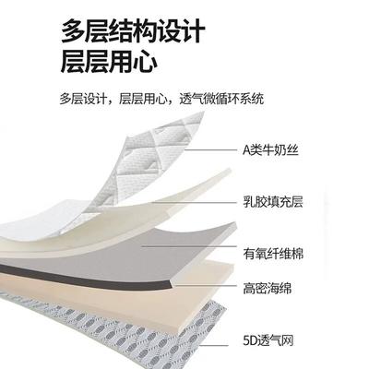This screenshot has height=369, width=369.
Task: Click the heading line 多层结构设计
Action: [133, 30]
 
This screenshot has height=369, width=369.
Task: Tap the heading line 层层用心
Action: [109, 63]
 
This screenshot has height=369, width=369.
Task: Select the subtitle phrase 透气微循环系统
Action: [221, 99]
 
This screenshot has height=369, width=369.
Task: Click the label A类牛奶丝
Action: [270, 150]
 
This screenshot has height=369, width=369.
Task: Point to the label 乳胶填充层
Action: [273, 202]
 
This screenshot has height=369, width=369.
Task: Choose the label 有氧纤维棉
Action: [273, 254]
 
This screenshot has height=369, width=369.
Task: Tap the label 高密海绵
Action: [267, 289]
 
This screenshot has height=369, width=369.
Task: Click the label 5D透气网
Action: [268, 340]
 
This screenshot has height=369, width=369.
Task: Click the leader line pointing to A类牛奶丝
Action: [210, 150]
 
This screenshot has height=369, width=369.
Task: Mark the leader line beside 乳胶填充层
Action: [195, 202]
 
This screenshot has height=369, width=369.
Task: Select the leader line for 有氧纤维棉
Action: [189, 246]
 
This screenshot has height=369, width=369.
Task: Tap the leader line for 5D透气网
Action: [214, 346]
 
